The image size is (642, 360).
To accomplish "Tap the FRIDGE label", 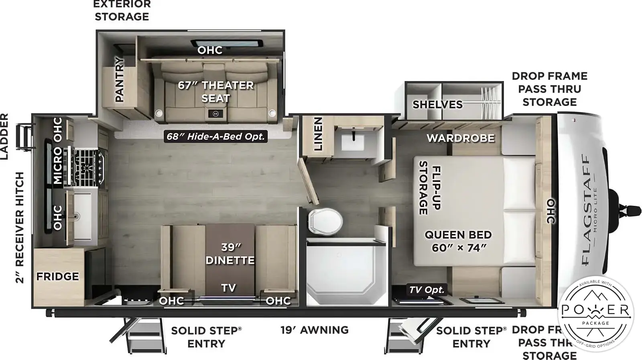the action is tap(57, 277).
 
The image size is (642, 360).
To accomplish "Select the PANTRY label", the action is tap(120, 79).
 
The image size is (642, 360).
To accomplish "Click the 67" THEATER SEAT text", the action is tap(216, 92).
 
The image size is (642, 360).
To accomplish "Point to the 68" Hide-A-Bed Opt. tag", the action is tap(216, 136).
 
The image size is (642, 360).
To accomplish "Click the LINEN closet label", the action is tap(318, 134).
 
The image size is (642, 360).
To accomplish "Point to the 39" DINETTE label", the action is tap(230, 254).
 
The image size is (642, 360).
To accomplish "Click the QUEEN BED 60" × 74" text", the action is tap(458, 241).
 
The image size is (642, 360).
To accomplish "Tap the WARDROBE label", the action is tap(461, 138).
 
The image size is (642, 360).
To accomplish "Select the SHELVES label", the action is tap(437, 104).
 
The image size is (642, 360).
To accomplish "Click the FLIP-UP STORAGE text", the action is tap(430, 188).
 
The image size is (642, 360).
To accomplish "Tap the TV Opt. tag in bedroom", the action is tap(427, 290).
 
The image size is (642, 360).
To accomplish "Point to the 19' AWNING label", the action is tap(314, 330).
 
